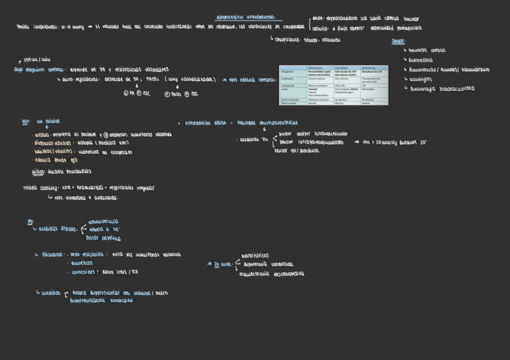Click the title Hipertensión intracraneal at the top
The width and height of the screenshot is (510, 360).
pos(248,18)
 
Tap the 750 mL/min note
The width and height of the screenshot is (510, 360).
pos(37,60)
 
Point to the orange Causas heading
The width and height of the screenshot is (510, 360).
pos(398,41)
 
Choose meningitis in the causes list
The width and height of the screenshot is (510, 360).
pos(424,79)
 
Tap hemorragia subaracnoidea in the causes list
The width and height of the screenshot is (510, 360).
pos(442,88)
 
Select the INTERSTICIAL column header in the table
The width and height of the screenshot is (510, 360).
pos(372,68)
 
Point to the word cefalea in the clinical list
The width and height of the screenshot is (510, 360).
pos(41,135)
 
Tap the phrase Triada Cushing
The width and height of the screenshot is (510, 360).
pos(38,188)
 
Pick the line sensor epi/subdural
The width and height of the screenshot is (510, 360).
pos(296,151)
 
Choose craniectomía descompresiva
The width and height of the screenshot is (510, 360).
pos(271,274)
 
